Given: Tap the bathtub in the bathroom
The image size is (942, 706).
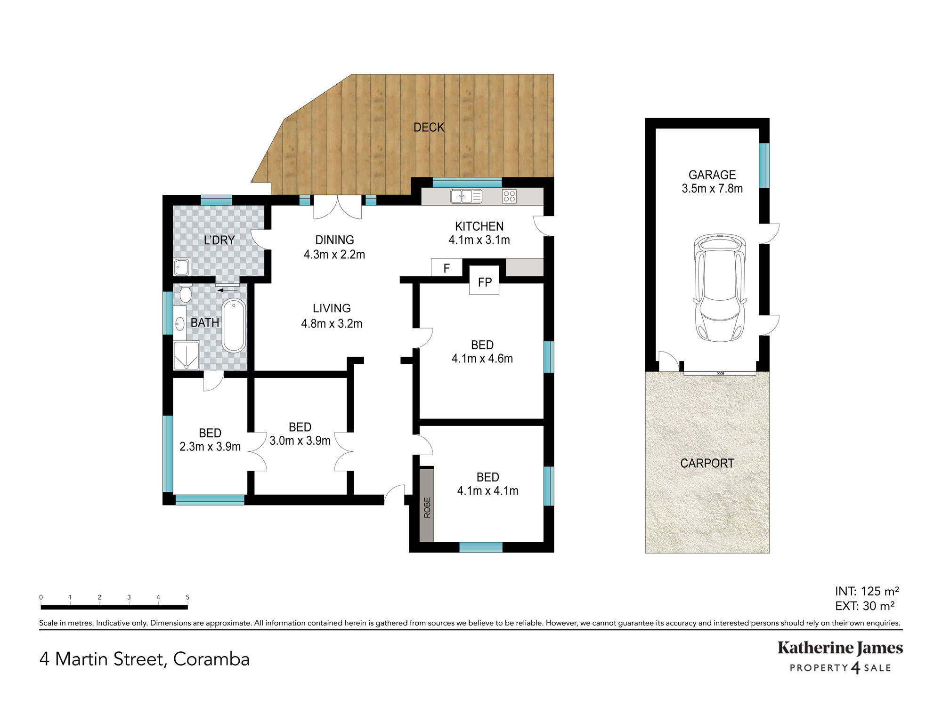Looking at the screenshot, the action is click(x=234, y=326).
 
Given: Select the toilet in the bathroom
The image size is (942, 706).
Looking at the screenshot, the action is click(x=185, y=293).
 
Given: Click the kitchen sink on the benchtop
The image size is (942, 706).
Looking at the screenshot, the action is click(x=466, y=196).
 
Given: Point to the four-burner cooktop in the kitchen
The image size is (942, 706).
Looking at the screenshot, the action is click(x=509, y=196).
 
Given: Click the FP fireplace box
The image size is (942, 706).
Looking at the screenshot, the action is click(x=484, y=281).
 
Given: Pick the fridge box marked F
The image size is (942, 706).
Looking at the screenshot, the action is click(x=447, y=268).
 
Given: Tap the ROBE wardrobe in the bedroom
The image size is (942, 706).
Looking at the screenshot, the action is click(x=427, y=505).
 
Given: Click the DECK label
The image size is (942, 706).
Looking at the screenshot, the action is click(x=429, y=127).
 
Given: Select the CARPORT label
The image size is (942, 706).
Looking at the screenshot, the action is click(x=707, y=463).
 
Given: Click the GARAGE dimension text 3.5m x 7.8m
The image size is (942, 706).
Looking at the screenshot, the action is click(x=712, y=188).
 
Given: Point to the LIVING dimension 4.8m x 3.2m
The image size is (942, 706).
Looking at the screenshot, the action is click(x=332, y=323).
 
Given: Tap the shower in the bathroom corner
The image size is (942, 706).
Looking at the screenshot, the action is click(x=187, y=355).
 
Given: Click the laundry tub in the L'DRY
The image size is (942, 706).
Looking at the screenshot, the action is click(x=182, y=267).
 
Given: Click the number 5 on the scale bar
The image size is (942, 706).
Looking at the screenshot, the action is click(x=187, y=597).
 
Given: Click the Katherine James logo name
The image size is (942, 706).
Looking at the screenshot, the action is click(x=840, y=649).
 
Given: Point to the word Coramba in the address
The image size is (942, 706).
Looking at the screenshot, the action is click(x=211, y=659).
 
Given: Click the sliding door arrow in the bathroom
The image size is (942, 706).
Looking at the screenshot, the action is click(x=227, y=290).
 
